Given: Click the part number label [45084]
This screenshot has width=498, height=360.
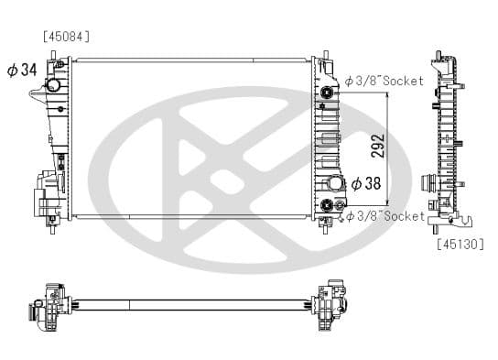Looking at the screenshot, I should coord(66,37).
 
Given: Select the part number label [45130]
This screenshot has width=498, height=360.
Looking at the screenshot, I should coord(460,244).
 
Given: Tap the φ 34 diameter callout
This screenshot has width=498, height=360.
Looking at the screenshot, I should coord(22,71).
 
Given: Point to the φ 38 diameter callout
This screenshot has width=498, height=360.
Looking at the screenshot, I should coord(365,183).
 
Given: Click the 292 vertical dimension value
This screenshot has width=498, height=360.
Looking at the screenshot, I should coord(377,146).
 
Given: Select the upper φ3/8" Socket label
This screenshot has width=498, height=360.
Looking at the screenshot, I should coord(384,82).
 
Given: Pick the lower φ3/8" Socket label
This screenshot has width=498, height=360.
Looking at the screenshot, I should coord(384,216).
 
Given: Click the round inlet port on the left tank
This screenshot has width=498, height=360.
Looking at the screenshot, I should coord(54,84).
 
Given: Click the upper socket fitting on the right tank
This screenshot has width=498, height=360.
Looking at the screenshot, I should coord(327,93).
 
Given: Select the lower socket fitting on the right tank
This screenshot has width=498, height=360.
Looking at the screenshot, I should coord(327,204).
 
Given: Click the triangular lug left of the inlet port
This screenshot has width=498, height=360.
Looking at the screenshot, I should coord(36,94).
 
